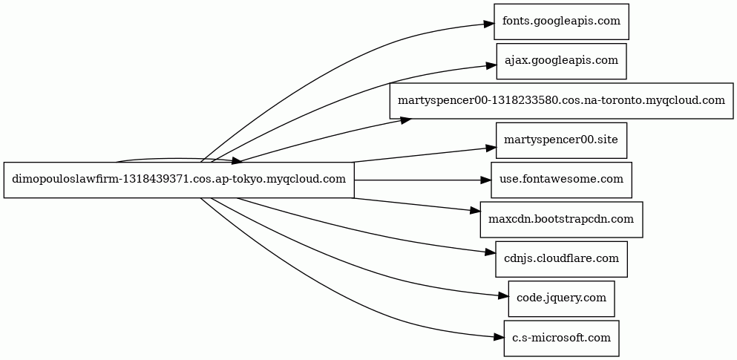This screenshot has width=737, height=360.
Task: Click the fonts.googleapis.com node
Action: click(561, 22)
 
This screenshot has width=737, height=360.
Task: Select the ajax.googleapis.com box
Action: click(561, 61)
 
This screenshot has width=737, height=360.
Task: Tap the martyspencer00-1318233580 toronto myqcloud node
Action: click(561, 100)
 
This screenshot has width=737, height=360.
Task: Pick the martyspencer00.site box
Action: click(561, 140)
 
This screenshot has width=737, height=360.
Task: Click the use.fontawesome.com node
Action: click(561, 180)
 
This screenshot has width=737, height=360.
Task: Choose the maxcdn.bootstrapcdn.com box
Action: click(561, 219)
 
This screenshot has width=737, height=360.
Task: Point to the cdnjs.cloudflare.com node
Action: click(561, 259)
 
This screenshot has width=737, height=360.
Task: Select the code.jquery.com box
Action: click(561, 298)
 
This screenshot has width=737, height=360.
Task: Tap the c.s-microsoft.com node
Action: click(561, 338)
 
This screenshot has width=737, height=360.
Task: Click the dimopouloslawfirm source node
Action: click(179, 180)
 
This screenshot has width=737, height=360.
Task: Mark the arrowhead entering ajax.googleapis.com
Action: click(491, 65)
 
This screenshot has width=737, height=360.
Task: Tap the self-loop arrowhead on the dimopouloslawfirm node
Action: click(236, 161)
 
